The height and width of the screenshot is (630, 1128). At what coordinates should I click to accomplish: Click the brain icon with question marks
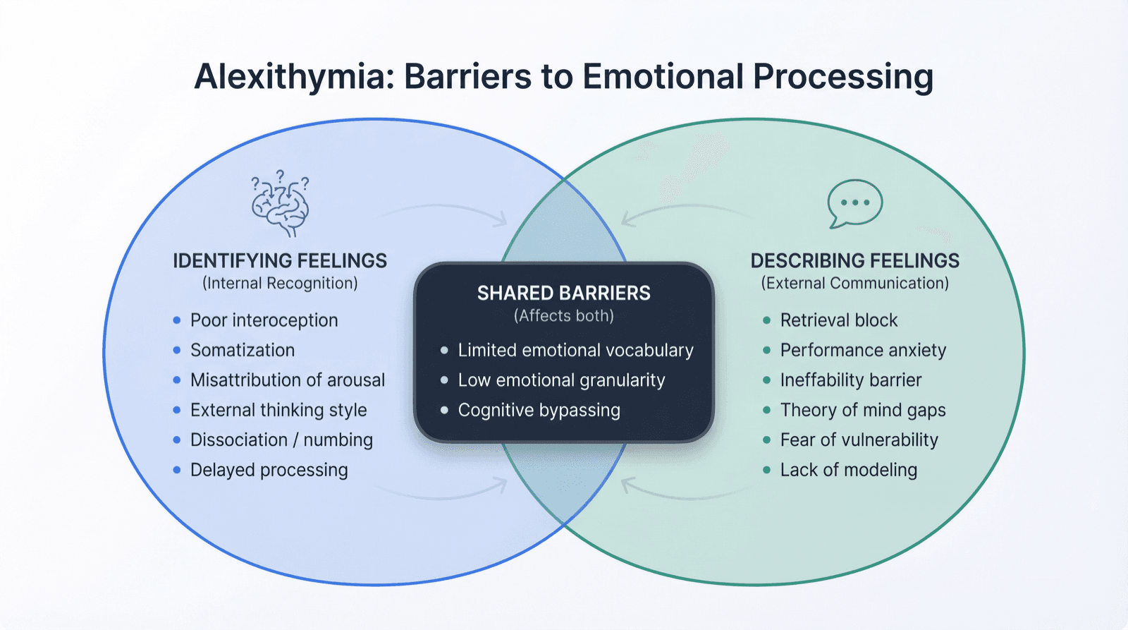(281, 204)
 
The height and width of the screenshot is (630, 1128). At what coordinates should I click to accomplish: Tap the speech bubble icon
(854, 203)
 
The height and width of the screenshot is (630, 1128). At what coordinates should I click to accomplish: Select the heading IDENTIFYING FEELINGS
(280, 261)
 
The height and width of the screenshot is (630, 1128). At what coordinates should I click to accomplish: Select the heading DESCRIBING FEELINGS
(854, 261)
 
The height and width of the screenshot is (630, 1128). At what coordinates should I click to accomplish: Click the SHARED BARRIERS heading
(563, 293)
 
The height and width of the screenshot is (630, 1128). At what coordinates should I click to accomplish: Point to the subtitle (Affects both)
(563, 316)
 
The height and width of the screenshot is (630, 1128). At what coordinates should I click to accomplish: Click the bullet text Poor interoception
(264, 320)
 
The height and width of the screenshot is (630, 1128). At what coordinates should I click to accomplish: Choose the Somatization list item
(243, 351)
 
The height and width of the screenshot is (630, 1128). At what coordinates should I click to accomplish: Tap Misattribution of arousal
(288, 380)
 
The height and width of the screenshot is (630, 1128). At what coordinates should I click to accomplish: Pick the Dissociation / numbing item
(281, 440)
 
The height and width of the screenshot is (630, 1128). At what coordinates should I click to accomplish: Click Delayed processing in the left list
(269, 470)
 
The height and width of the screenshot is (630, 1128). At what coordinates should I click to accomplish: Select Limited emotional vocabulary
(575, 351)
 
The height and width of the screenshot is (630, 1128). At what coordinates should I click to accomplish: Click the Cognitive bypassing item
(539, 411)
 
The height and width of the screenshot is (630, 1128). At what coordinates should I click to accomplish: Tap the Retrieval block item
(838, 320)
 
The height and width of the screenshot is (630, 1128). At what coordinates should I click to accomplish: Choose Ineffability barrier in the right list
(850, 380)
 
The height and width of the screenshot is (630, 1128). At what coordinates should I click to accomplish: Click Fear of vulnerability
(859, 440)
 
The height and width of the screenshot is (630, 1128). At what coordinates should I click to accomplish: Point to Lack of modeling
(848, 470)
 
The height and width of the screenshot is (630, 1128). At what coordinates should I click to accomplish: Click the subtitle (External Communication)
(854, 284)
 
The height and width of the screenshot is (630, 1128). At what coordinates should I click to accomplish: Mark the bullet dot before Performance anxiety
(766, 351)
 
